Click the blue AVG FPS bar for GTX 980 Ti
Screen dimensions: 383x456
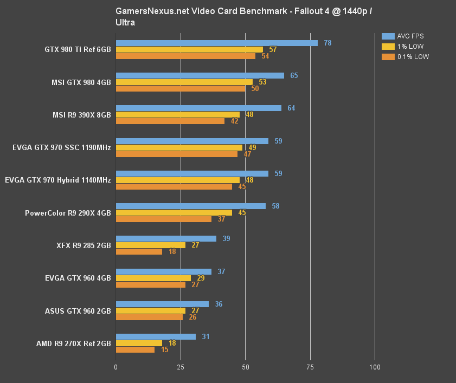click(x=216, y=43)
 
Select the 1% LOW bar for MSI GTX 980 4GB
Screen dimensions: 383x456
click(x=184, y=82)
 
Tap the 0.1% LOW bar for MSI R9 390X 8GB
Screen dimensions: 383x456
click(x=170, y=121)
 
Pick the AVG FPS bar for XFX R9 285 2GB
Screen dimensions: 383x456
click(x=166, y=239)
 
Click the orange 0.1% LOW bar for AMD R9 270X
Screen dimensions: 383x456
click(x=135, y=349)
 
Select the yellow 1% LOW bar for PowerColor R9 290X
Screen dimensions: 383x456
click(x=174, y=213)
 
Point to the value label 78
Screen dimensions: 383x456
click(x=327, y=43)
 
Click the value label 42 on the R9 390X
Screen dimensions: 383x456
click(x=234, y=121)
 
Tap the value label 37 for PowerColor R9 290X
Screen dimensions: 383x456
click(x=221, y=219)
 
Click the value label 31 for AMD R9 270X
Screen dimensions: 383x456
click(x=205, y=336)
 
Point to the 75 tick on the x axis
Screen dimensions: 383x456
click(x=310, y=367)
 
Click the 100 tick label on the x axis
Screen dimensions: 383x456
click(x=375, y=367)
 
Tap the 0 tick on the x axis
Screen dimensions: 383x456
click(x=116, y=367)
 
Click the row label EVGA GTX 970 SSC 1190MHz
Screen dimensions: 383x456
click(x=61, y=147)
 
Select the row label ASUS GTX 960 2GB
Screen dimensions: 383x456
click(x=78, y=311)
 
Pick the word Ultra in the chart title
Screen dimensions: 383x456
click(x=125, y=23)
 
